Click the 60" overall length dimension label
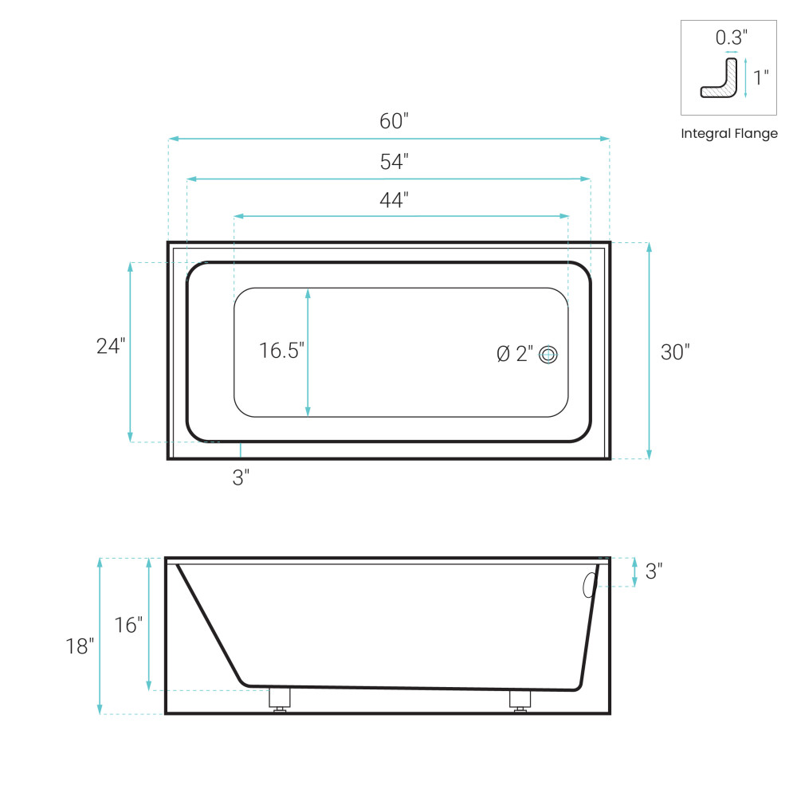coord(394,121)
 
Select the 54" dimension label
coord(394,162)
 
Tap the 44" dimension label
coord(394,200)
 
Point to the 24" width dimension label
coord(111,346)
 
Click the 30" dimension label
coord(675,352)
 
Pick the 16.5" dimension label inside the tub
coord(281,351)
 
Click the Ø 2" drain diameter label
coord(515,354)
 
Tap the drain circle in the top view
coord(548,355)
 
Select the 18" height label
coord(80,646)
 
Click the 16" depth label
coord(128,625)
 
